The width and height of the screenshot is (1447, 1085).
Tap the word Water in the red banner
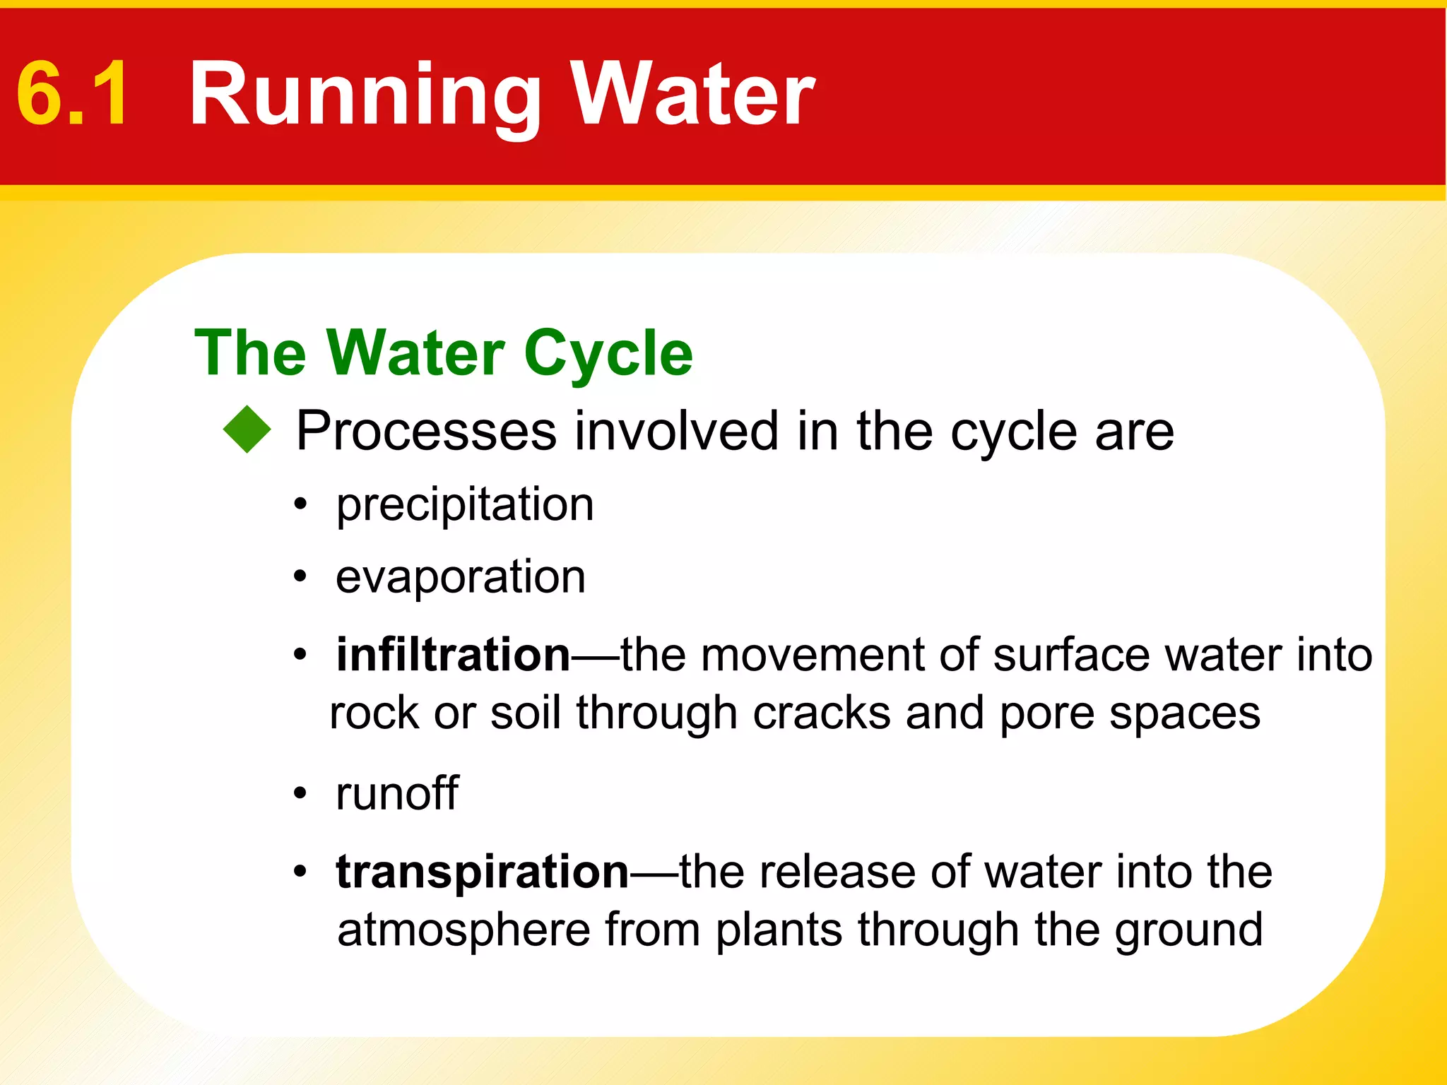[692, 94]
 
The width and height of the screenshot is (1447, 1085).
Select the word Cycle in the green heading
[608, 355]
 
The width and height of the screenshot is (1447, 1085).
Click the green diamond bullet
[247, 429]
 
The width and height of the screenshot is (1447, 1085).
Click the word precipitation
[465, 506]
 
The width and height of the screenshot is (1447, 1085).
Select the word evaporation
[461, 577]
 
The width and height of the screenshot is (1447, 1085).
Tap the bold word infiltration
[453, 655]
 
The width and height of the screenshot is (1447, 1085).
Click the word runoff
[397, 793]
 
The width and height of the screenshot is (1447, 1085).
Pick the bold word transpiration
[483, 872]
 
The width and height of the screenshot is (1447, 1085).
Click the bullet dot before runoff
[301, 793]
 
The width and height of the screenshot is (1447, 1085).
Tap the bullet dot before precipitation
[301, 505]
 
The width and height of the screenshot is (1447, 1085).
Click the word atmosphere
[463, 930]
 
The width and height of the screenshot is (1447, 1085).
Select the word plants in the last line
[779, 931]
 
